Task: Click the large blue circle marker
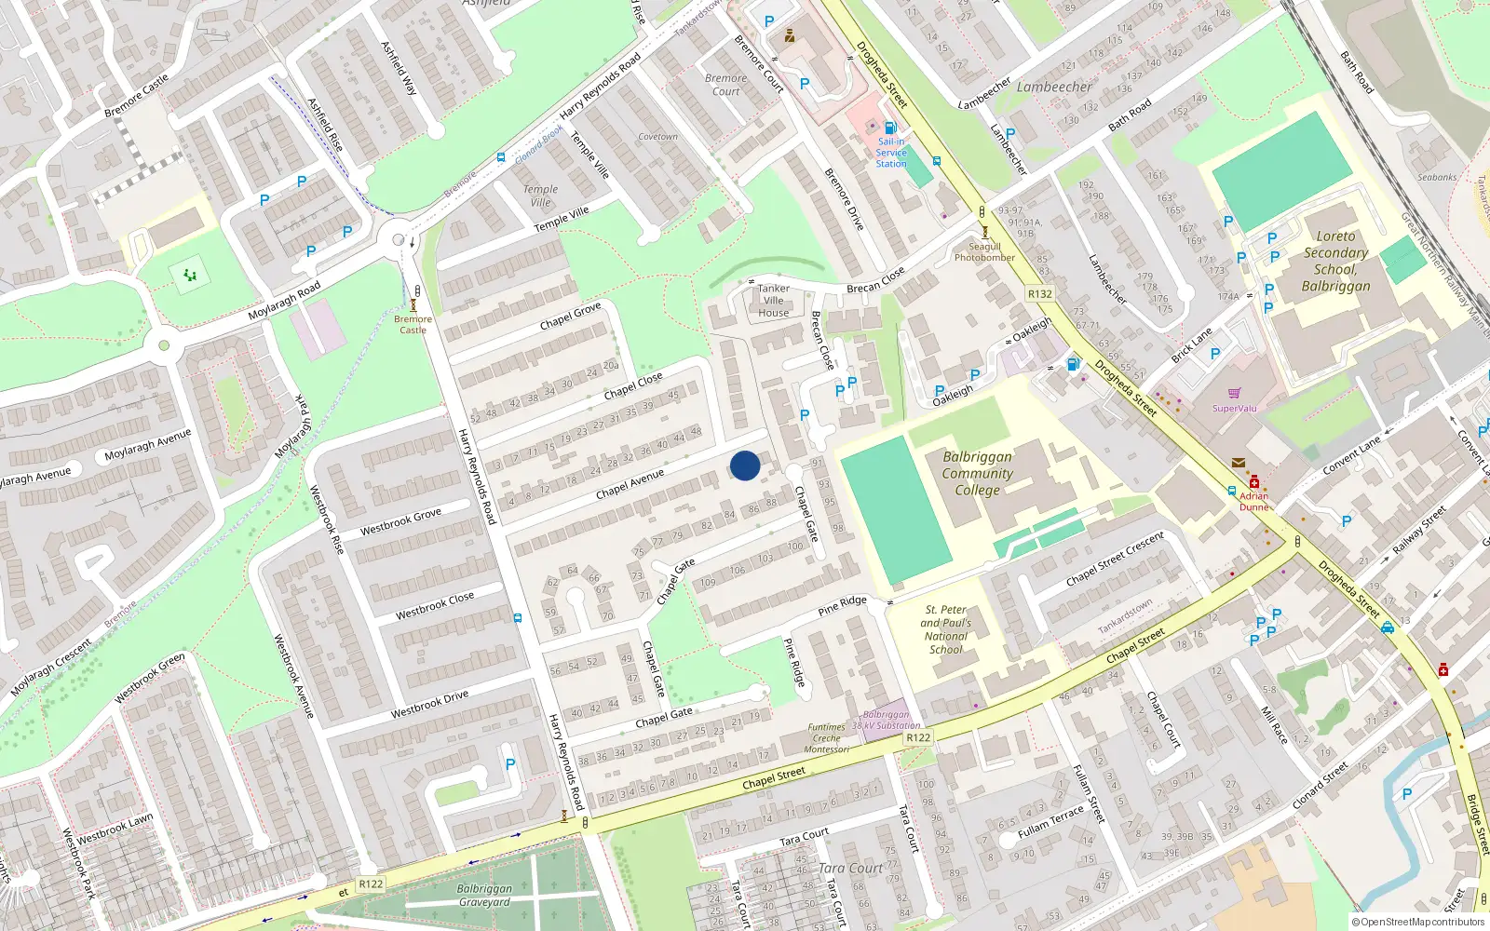(745, 465)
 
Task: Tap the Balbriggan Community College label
(977, 473)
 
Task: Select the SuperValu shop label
(1235, 408)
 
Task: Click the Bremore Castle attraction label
(413, 324)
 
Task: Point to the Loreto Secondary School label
(1335, 261)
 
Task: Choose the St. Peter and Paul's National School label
(946, 629)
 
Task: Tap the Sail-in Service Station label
(890, 153)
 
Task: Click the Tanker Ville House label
(773, 301)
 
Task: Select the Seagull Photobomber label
(984, 252)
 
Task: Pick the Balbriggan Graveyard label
(484, 895)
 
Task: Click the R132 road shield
(1040, 294)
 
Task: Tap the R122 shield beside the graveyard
(371, 884)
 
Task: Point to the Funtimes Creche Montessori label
(826, 738)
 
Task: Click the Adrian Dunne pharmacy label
(1253, 502)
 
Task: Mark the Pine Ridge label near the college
(842, 606)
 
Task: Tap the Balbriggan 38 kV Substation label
(886, 720)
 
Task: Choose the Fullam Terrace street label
(1050, 821)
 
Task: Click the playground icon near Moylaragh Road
(190, 275)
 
